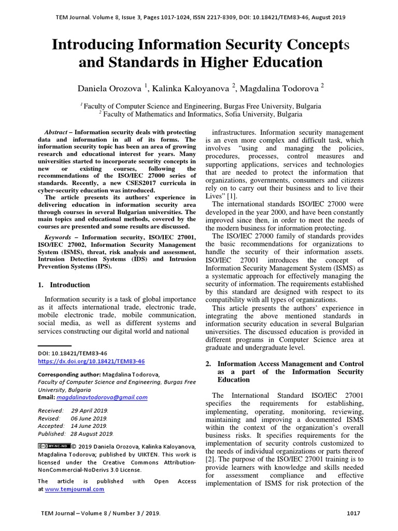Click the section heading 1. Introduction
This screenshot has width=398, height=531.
click(65, 285)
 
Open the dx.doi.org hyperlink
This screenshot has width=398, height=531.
click(92, 361)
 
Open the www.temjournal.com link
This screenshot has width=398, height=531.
click(74, 489)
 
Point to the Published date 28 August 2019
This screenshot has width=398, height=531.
click(91, 434)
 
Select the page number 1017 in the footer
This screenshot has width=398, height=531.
click(353, 513)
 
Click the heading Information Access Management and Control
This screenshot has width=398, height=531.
click(290, 364)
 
